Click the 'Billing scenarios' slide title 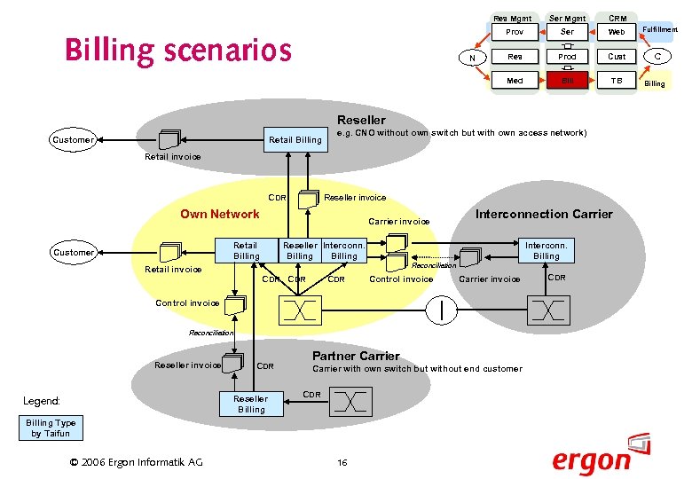[178, 51]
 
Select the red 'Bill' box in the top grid [567, 81]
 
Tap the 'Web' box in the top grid [617, 32]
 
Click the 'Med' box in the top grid [515, 81]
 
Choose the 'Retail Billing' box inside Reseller [295, 140]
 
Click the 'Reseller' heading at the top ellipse [361, 120]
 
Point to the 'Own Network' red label [220, 214]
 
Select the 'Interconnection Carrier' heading [544, 214]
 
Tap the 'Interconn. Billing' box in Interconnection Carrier [547, 250]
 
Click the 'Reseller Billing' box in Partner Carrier [251, 404]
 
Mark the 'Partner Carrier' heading [356, 356]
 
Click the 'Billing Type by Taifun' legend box [51, 428]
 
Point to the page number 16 [342, 462]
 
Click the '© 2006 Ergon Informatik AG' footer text [136, 461]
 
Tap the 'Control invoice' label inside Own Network [401, 279]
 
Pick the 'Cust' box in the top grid [617, 57]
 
